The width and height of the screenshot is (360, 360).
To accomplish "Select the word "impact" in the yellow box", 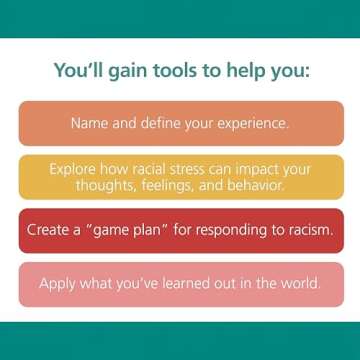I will (263, 170).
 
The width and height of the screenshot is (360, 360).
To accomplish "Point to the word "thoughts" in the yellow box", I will (104, 185).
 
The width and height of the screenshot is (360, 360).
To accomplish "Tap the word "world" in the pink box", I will (297, 283).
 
